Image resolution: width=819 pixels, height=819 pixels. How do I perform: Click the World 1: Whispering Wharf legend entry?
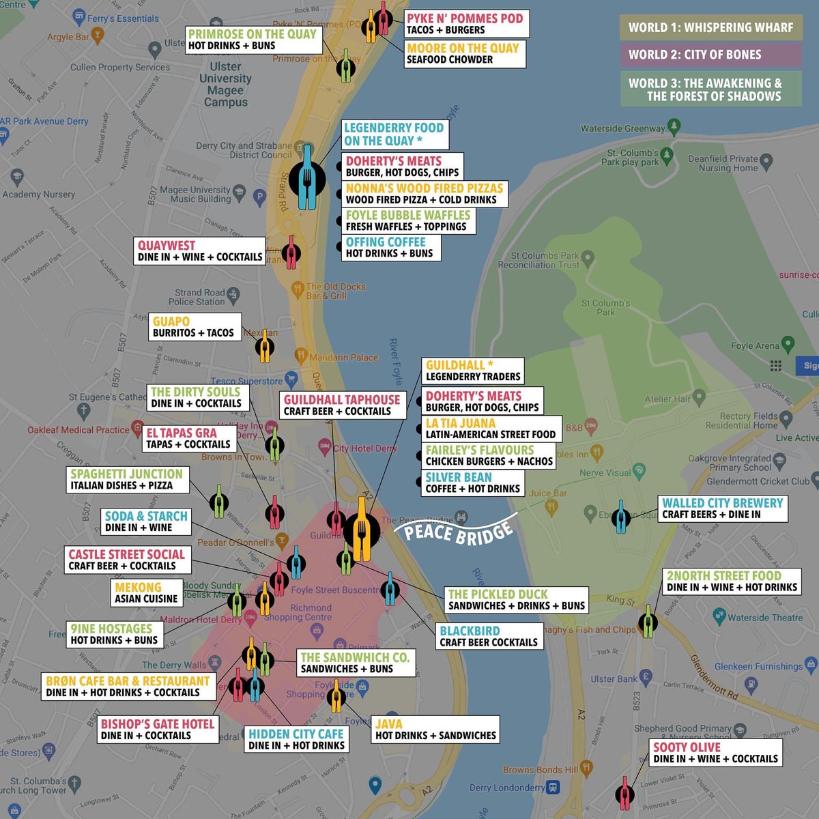coord(710,27)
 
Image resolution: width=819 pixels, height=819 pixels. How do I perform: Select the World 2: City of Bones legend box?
coord(710,55)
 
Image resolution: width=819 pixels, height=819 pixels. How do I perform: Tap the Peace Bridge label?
coord(458,530)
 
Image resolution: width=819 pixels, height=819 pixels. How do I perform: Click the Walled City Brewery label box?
coord(722,508)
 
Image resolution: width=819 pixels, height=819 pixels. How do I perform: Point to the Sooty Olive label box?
coord(715,753)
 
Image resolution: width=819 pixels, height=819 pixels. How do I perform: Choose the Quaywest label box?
coord(199,250)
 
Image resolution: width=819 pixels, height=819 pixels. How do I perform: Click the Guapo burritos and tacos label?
coord(194,326)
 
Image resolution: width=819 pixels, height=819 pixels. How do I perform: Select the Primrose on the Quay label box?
coord(253,40)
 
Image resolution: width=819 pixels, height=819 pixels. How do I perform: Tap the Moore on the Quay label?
coord(463,54)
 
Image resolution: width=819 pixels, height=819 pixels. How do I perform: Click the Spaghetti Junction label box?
coord(127,479)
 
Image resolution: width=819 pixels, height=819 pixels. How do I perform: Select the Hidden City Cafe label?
coord(296,739)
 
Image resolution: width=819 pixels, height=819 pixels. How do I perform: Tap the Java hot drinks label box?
coord(435,730)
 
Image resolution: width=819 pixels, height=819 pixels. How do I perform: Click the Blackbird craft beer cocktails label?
coord(488,636)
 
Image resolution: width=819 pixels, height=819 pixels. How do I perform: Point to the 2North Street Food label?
coord(732,581)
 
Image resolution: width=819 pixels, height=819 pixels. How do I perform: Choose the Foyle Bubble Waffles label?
coord(407,220)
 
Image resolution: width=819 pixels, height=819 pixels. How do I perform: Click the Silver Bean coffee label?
coord(472,483)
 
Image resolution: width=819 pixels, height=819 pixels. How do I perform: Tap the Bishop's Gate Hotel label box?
coord(157,730)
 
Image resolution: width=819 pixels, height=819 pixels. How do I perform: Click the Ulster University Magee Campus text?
coord(225,84)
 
